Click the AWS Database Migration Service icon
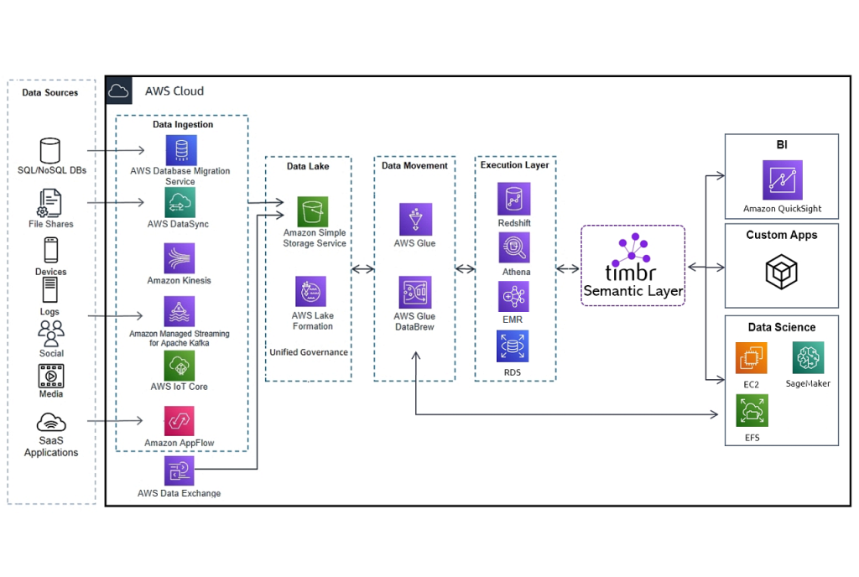click(x=181, y=150)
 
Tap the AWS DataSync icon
click(x=180, y=203)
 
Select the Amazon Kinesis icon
click(x=180, y=258)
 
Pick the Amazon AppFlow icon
click(x=180, y=421)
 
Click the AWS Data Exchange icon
click(x=180, y=470)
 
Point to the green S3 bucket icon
click(x=313, y=212)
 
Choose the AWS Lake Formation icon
click(x=310, y=291)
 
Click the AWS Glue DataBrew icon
click(x=415, y=293)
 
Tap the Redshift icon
click(x=514, y=198)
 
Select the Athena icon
click(x=514, y=247)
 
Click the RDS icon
click(x=513, y=346)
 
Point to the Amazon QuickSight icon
click(x=783, y=180)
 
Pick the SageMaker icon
click(x=808, y=358)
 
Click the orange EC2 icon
click(x=751, y=358)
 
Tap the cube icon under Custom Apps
click(x=781, y=272)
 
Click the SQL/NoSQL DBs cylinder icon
click(x=49, y=151)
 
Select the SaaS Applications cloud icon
click(x=51, y=423)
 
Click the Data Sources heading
click(x=49, y=92)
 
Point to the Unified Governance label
click(x=309, y=352)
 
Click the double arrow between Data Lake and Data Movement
click(x=362, y=269)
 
